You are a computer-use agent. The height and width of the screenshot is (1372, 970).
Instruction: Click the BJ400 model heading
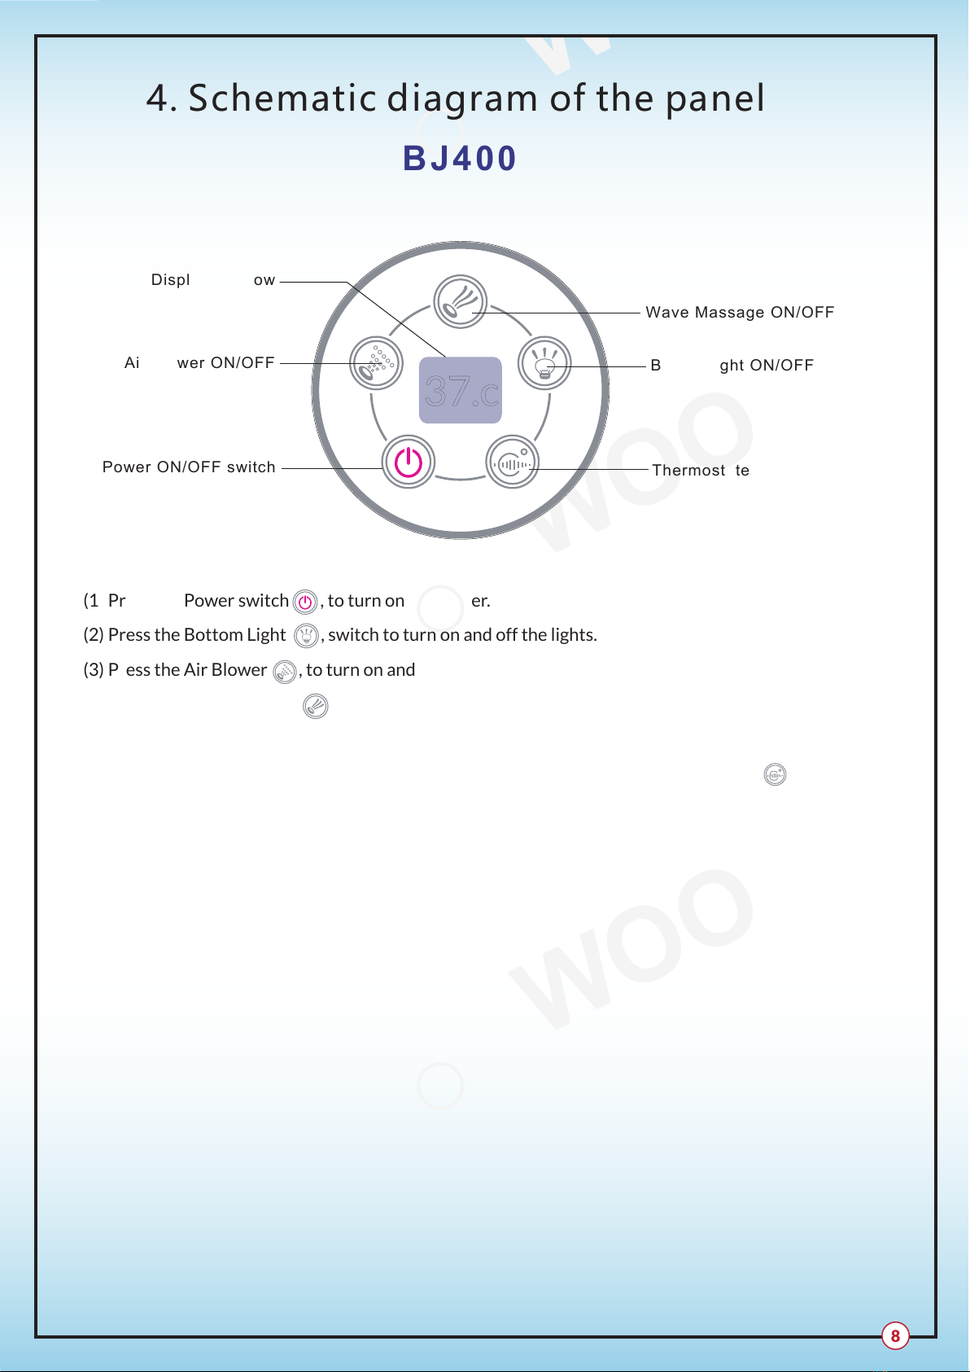click(x=460, y=159)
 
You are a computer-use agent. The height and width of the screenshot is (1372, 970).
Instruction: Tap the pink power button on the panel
click(x=409, y=462)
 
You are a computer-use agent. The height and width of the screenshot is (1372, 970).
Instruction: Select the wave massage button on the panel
click(x=460, y=301)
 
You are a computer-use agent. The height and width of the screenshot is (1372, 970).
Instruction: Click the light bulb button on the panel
click(x=544, y=363)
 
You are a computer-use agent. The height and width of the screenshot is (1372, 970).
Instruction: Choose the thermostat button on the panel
click(x=512, y=462)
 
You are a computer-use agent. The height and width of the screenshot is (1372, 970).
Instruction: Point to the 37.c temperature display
click(x=460, y=391)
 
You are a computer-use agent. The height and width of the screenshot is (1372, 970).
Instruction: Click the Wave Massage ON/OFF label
click(x=740, y=313)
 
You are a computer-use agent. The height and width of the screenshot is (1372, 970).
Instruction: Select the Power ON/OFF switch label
click(x=189, y=467)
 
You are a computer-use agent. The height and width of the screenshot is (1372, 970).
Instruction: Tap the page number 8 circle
click(x=895, y=1335)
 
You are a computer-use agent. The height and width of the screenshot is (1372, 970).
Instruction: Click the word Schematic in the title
click(x=283, y=99)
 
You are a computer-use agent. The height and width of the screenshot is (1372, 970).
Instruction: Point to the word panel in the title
click(x=714, y=99)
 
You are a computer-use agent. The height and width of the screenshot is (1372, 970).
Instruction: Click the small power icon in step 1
click(x=305, y=603)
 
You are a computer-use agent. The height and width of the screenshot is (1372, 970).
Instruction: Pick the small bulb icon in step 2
click(x=306, y=636)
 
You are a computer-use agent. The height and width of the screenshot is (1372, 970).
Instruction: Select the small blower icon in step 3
click(x=285, y=672)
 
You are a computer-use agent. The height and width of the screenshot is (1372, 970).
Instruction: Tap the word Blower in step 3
click(x=238, y=670)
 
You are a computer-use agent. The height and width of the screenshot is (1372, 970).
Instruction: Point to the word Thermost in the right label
click(x=688, y=471)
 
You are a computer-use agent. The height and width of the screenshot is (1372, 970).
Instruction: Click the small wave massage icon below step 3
click(x=316, y=706)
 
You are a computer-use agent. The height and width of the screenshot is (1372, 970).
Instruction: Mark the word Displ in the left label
click(x=170, y=280)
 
